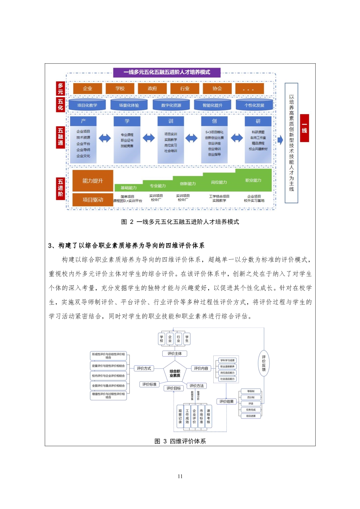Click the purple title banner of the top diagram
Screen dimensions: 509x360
point(167,72)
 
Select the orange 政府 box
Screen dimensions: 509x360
point(152,89)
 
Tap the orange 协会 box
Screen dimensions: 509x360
point(217,89)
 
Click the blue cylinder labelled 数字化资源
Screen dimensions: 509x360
point(171,105)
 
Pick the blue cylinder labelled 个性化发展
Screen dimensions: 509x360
point(254,105)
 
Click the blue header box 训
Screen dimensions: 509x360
point(171,121)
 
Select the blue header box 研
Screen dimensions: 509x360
point(258,121)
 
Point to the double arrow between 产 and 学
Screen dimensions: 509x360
point(105,138)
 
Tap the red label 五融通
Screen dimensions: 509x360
point(60,137)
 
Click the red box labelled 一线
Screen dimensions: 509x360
point(304,128)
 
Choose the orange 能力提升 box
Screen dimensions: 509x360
point(93,181)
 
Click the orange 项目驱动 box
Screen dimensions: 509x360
point(93,200)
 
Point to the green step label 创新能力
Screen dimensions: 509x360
point(188,184)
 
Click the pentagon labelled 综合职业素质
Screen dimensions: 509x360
point(175,373)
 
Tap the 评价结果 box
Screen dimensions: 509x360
point(226,402)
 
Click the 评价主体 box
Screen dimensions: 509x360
point(174,353)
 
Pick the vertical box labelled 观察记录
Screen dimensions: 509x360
point(180,416)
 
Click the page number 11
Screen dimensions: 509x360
point(180,476)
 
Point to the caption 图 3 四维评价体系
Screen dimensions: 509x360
point(180,441)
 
